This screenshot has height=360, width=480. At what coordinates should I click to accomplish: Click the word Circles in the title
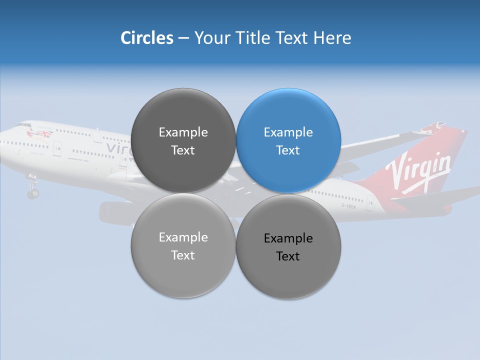point(146,38)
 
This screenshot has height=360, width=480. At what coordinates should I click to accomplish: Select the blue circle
point(288,140)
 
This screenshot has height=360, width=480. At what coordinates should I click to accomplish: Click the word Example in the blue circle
point(288,132)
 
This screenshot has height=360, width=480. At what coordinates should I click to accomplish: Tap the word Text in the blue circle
point(288,150)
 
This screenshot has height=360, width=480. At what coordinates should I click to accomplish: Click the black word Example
point(288,238)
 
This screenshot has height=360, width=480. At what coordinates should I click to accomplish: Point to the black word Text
point(288,256)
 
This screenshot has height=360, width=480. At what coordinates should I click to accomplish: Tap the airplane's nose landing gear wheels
point(33,192)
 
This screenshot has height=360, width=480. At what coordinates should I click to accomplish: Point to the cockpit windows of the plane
point(22,125)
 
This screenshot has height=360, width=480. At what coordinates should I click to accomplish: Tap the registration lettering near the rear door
point(348,205)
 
